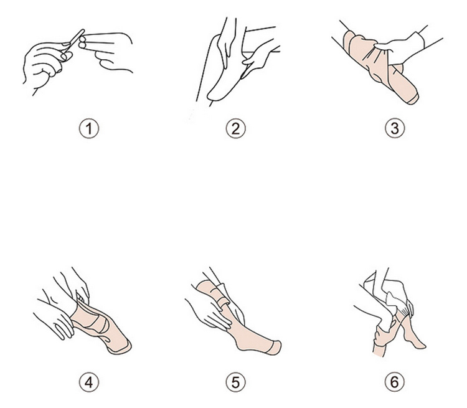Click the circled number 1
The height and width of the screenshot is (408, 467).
(x=89, y=128)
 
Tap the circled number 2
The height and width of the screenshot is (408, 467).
(x=235, y=128)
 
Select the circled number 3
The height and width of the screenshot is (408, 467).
(x=395, y=128)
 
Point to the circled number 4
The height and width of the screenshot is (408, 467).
(x=89, y=382)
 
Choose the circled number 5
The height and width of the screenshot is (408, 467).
(x=235, y=382)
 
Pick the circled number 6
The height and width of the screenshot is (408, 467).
(x=395, y=382)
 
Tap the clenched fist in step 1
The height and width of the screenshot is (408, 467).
(x=45, y=64)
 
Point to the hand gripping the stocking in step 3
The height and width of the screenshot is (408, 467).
(x=399, y=48)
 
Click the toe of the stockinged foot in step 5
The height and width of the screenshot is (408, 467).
(x=274, y=348)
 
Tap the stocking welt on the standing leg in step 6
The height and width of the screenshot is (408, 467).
(x=379, y=350)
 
